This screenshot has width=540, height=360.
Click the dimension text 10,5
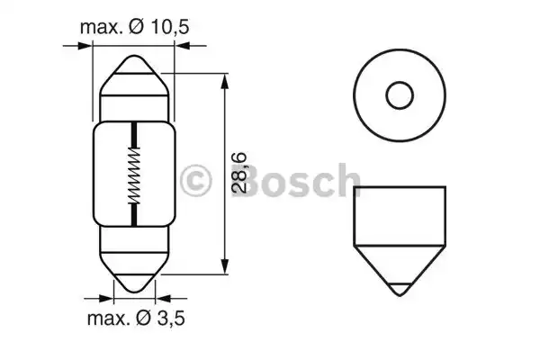point(170,27)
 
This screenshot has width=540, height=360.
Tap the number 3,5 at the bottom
point(171,319)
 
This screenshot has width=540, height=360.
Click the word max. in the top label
point(102,27)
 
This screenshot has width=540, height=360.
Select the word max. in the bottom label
point(109,319)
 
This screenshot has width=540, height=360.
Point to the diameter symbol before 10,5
point(137,27)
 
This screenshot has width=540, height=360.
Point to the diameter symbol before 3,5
point(144,319)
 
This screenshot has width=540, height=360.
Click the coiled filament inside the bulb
point(134,175)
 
